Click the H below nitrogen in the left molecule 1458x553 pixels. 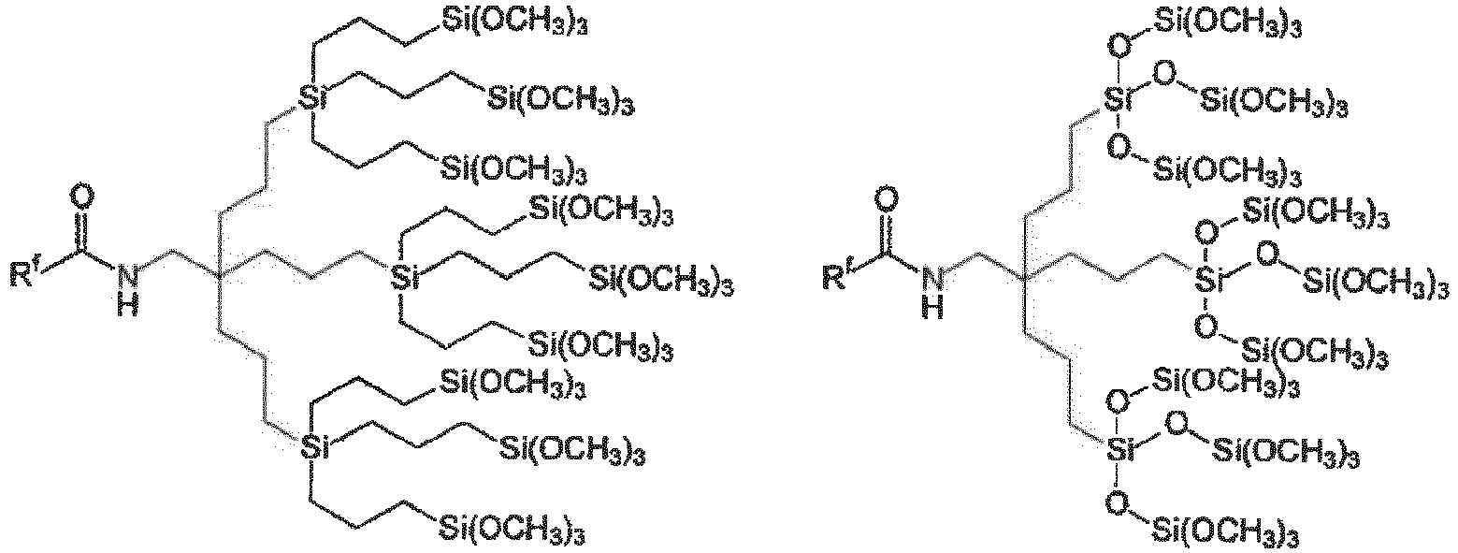pyautogui.click(x=128, y=305)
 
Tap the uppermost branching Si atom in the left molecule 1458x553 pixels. pyautogui.click(x=311, y=97)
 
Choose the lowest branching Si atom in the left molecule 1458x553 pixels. pyautogui.click(x=311, y=448)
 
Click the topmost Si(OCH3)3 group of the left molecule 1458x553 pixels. pyautogui.click(x=514, y=22)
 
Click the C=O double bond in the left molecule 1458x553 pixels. pyautogui.click(x=82, y=228)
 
